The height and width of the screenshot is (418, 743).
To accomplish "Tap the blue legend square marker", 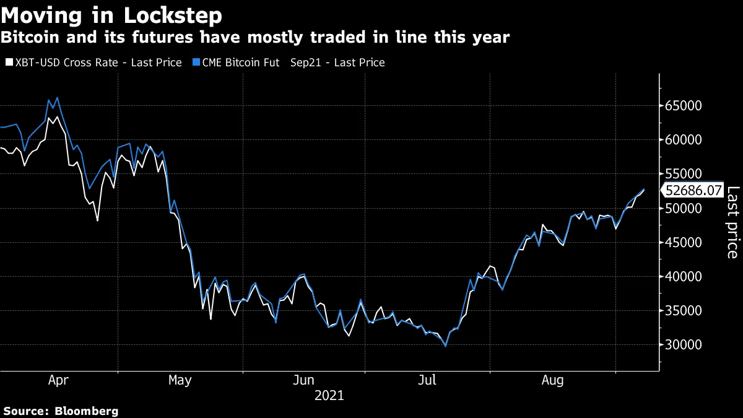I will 196,63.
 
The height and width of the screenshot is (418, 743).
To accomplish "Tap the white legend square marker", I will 8,63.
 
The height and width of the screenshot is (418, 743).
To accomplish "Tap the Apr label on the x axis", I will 58,381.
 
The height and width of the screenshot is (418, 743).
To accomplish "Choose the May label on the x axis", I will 180,381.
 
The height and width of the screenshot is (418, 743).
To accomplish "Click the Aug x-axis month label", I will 552,381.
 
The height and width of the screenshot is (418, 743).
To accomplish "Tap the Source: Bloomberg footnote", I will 61,411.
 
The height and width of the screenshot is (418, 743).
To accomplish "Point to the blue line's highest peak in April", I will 58,97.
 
